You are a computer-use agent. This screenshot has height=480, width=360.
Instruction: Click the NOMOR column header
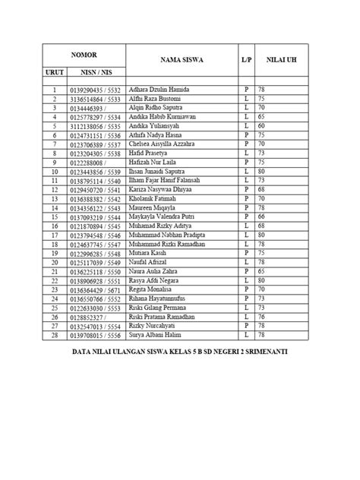click(x=84, y=56)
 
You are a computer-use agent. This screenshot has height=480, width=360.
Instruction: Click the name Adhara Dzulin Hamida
click(x=161, y=89)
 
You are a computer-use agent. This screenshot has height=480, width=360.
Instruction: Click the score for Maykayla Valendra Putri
click(x=263, y=216)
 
